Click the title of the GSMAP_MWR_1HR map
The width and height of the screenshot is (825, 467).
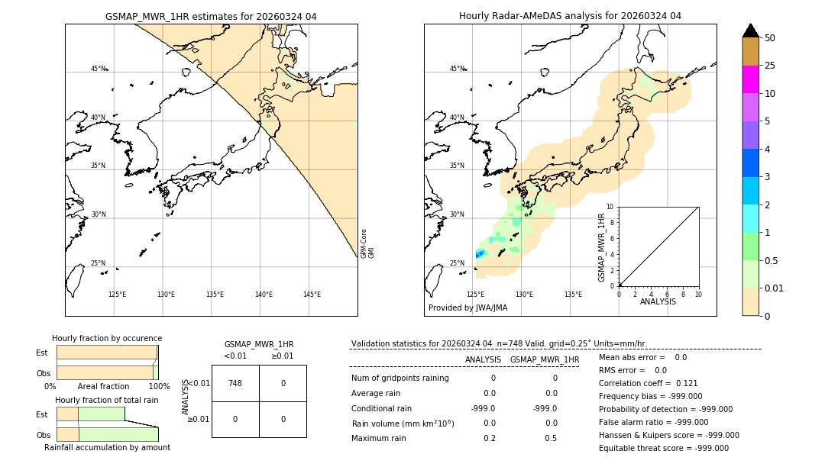(x=211, y=16)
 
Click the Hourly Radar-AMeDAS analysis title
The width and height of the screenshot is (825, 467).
(x=570, y=16)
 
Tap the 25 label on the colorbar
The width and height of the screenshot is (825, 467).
(x=770, y=66)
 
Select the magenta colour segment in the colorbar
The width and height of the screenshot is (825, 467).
(x=750, y=79)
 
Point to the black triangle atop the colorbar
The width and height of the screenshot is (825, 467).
(x=750, y=31)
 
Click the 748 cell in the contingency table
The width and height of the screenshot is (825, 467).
(x=235, y=383)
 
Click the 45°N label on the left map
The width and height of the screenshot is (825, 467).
(x=99, y=69)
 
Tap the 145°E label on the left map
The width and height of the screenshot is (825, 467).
(x=312, y=295)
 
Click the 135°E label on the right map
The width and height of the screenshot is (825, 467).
(x=573, y=295)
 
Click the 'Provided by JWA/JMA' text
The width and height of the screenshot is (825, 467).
(x=467, y=308)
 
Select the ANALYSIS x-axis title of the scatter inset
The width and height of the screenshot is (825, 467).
(x=658, y=302)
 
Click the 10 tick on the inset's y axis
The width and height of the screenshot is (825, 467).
(x=610, y=207)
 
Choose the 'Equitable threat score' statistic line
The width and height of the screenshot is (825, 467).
(x=664, y=448)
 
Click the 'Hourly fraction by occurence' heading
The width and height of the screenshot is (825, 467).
(x=107, y=338)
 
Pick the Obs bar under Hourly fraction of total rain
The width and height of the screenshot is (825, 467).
(x=107, y=434)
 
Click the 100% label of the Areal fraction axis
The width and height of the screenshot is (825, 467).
(x=159, y=387)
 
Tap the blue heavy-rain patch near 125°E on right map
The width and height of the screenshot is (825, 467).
(x=480, y=254)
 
